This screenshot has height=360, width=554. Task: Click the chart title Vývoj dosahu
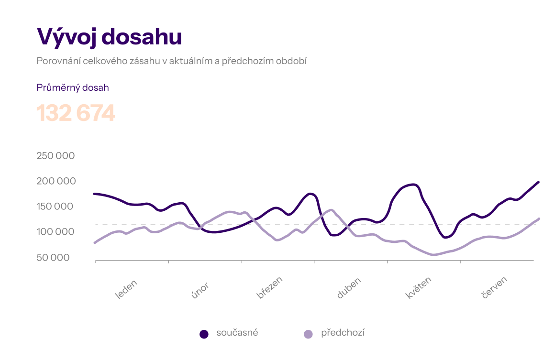pyautogui.click(x=109, y=37)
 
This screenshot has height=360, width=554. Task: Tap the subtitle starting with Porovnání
pyautogui.click(x=171, y=61)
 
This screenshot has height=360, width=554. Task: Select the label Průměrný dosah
pyautogui.click(x=73, y=87)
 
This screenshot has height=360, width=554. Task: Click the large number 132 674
pyautogui.click(x=76, y=113)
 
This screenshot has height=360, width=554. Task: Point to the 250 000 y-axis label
pyautogui.click(x=56, y=156)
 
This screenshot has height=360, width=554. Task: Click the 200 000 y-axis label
pyautogui.click(x=56, y=181)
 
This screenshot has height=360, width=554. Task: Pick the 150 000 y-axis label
pyautogui.click(x=56, y=207)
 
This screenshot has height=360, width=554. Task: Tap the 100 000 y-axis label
pyautogui.click(x=56, y=232)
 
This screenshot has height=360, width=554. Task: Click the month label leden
pyautogui.click(x=126, y=289)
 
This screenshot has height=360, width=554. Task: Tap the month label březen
pyautogui.click(x=270, y=287)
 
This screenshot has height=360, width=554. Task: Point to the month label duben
pyautogui.click(x=349, y=288)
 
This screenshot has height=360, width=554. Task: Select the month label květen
pyautogui.click(x=419, y=288)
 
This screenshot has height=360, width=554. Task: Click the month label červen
pyautogui.click(x=494, y=288)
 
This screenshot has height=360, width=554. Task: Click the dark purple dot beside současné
pyautogui.click(x=204, y=334)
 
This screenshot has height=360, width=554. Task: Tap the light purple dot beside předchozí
pyautogui.click(x=309, y=334)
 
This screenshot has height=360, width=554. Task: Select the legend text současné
pyautogui.click(x=237, y=333)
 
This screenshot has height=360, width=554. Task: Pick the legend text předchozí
pyautogui.click(x=343, y=333)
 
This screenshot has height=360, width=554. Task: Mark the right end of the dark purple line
pyautogui.click(x=538, y=182)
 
